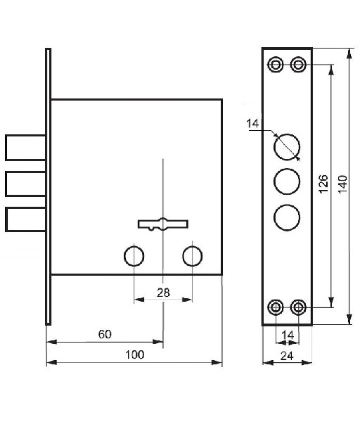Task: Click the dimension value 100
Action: coord(135,354)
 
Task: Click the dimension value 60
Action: coord(105,334)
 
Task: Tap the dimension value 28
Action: coord(163,293)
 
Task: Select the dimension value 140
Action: coord(343,184)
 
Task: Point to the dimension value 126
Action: coord(323,184)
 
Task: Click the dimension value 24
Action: coord(287,356)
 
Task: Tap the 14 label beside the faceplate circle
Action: coord(252,124)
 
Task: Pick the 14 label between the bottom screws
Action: coord(288,335)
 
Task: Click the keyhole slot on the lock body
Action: coord(163,224)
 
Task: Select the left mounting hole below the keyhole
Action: coord(134,256)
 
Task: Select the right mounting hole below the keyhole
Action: coord(193,256)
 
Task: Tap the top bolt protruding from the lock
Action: coord(25,148)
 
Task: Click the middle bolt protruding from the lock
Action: coord(25,184)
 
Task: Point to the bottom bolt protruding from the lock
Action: coord(25,219)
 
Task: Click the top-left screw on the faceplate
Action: coord(276,65)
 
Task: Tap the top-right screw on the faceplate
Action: coord(298,65)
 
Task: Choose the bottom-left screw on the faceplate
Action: coord(276,307)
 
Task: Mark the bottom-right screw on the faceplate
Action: coord(298,307)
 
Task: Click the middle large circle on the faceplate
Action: coord(287,181)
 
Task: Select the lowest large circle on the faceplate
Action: coord(287,217)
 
